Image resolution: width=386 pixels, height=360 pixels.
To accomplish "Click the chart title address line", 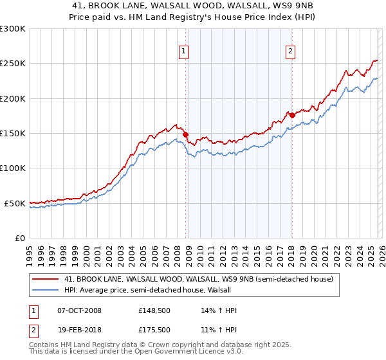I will tap(193, 5).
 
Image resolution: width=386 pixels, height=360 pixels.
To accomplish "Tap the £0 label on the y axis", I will tap(19, 238).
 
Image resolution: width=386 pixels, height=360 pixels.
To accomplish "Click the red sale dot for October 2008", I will tap(186, 135).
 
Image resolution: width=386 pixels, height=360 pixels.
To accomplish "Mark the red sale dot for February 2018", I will tap(292, 116).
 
